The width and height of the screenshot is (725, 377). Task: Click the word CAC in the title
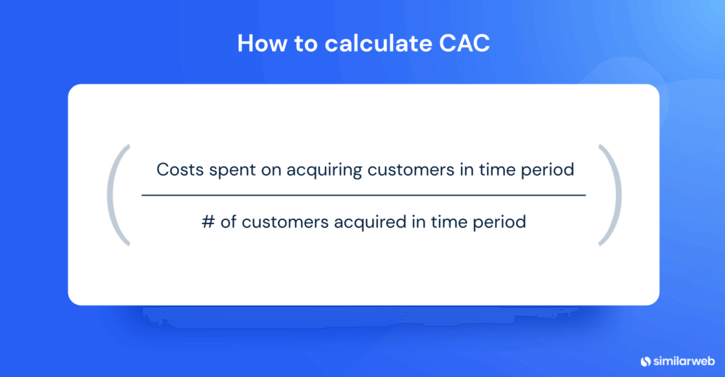coord(464,43)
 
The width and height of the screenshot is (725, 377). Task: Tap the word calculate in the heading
coord(378,43)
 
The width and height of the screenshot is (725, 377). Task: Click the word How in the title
coord(262,43)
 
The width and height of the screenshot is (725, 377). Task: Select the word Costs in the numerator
coord(180,170)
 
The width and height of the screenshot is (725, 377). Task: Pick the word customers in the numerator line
coord(411,170)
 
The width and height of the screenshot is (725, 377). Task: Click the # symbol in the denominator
coord(208,222)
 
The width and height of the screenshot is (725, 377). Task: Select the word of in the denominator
coord(228,222)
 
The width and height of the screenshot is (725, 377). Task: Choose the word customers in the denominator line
coord(285,222)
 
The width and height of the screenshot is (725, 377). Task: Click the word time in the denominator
coord(449,222)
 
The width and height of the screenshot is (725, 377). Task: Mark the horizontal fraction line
coord(363,195)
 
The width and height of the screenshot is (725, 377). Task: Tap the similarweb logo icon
coord(645,361)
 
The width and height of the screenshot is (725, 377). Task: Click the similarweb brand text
coord(684,361)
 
